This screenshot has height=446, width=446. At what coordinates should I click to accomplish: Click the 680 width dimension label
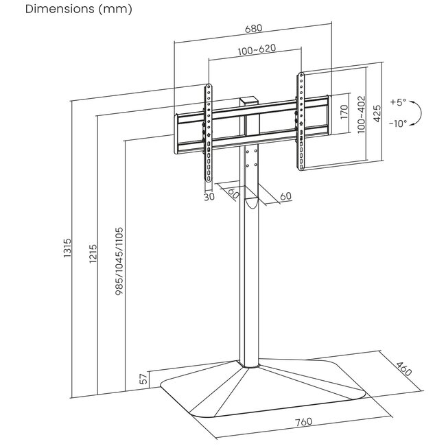pyautogui.click(x=253, y=29)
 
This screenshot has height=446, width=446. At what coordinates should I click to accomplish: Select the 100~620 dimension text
pyautogui.click(x=257, y=50)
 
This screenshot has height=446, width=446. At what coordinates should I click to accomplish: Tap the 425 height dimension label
pyautogui.click(x=377, y=113)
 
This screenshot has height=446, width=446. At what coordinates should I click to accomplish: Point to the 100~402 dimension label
pyautogui.click(x=361, y=115)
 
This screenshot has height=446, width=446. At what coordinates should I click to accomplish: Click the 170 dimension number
pyautogui.click(x=344, y=112)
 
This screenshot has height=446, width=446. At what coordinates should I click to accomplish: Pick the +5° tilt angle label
pyautogui.click(x=398, y=102)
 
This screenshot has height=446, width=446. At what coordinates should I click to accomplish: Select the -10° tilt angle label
pyautogui.click(x=398, y=124)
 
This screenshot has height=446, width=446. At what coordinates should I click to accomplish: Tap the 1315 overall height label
pyautogui.click(x=67, y=248)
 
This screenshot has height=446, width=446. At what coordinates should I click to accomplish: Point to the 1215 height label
pyautogui.click(x=93, y=254)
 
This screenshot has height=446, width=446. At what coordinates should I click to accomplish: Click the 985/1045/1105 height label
pyautogui.click(x=119, y=261)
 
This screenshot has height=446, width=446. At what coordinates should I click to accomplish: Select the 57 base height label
pyautogui.click(x=145, y=378)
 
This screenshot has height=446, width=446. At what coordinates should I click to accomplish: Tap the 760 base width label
pyautogui.click(x=303, y=422)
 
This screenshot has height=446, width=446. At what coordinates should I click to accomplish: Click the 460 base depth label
pyautogui.click(x=404, y=369)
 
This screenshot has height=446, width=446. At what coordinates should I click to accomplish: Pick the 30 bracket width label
pyautogui.click(x=209, y=196)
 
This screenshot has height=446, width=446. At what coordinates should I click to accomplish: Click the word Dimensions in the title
pyautogui.click(x=60, y=9)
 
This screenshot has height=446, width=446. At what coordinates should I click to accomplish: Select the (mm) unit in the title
pyautogui.click(x=115, y=9)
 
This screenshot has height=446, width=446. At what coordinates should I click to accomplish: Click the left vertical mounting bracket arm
pyautogui.click(x=209, y=133)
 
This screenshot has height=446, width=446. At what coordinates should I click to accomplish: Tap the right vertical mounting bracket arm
pyautogui.click(x=301, y=121)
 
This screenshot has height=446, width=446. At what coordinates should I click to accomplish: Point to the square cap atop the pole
pyautogui.click(x=249, y=102)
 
